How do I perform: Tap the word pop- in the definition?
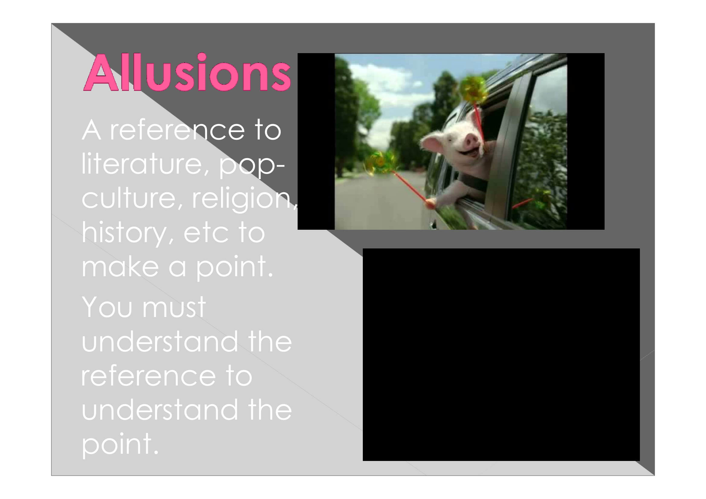251,165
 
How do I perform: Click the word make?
120,267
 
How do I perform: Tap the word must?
174,307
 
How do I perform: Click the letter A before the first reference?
91,130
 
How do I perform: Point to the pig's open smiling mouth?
469,152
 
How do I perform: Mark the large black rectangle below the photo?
501,354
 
